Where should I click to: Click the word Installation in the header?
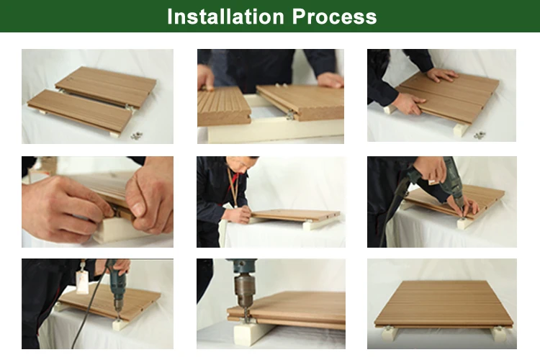226,17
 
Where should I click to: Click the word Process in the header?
334,17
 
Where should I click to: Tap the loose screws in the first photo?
136,135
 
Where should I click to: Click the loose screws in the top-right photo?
479,135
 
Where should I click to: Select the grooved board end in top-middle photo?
223,107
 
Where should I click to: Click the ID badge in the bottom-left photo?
83,283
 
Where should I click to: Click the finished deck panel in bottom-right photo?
444,304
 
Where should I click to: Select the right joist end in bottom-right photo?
499,333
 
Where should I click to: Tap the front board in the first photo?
80,111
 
